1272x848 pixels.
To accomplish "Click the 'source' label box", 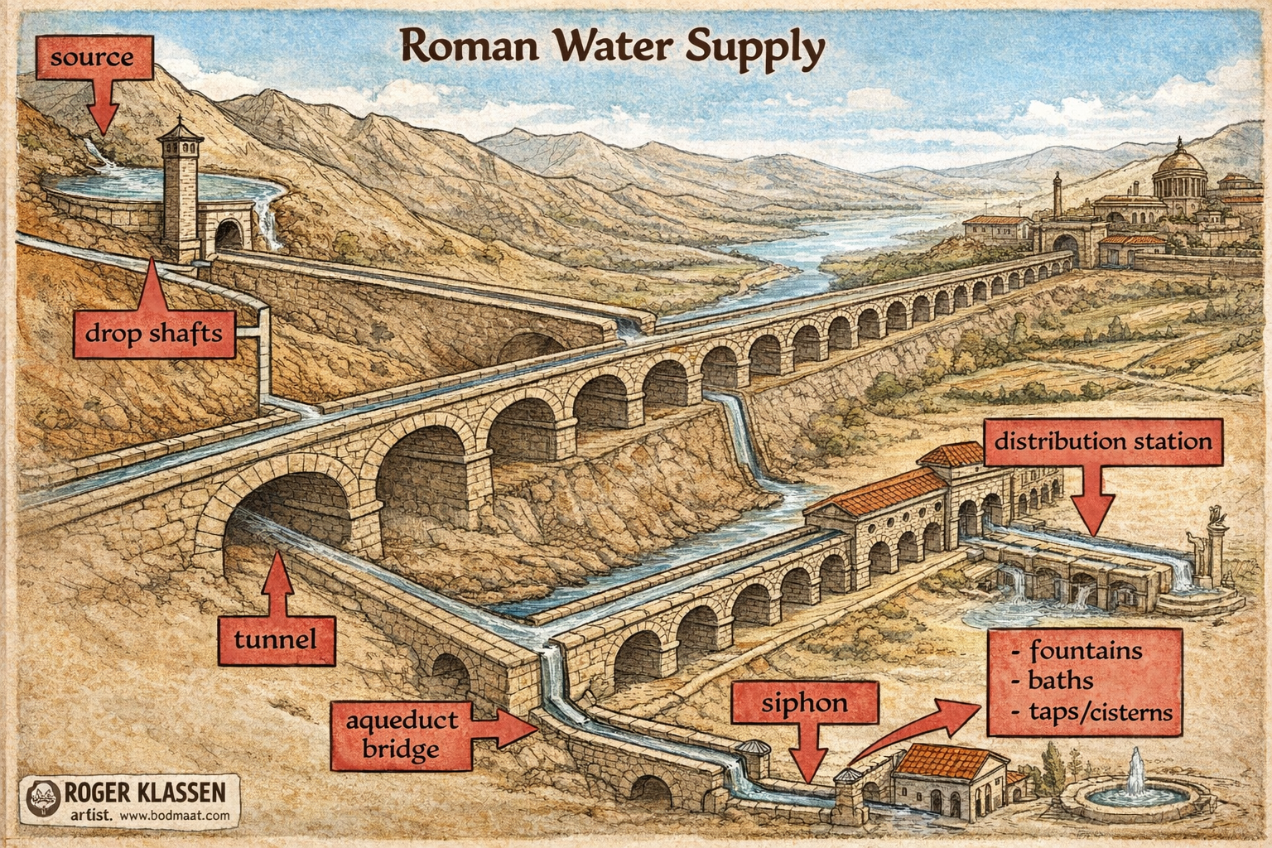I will point(91,58).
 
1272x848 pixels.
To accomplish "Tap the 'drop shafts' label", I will point(154,334).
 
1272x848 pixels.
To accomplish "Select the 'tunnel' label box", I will point(276,639).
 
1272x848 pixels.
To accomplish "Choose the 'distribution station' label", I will point(1102,441).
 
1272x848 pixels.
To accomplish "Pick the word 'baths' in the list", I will point(1060,681).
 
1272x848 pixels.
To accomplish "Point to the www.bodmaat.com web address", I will point(174,816).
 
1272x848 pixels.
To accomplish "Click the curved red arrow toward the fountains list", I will point(911,729).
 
